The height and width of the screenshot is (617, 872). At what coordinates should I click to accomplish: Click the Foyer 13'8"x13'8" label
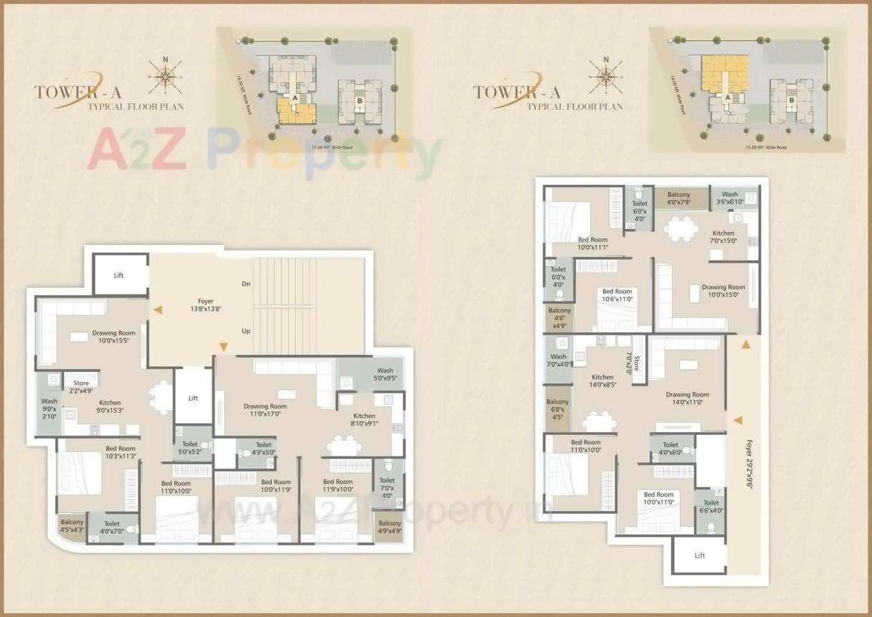pyautogui.click(x=206, y=306)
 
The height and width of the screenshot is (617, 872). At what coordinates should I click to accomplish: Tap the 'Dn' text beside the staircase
pyautogui.click(x=246, y=284)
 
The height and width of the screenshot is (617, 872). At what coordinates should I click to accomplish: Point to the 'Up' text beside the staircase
pyautogui.click(x=246, y=331)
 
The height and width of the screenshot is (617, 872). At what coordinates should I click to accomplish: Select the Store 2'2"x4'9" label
pyautogui.click(x=81, y=387)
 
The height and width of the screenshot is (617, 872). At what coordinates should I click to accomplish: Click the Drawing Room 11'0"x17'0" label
pyautogui.click(x=265, y=410)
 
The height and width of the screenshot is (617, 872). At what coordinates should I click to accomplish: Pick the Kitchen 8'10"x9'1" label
pyautogui.click(x=364, y=420)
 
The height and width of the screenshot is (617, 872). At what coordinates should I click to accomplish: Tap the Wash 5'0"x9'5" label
pyautogui.click(x=385, y=374)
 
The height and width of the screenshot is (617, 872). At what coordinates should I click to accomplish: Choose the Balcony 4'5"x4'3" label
pyautogui.click(x=72, y=526)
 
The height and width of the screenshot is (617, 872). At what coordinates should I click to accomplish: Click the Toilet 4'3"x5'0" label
pyautogui.click(x=264, y=448)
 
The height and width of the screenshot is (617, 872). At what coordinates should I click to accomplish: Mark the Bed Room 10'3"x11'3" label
pyautogui.click(x=110, y=452)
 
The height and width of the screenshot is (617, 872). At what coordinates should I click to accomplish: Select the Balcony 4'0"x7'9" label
pyautogui.click(x=678, y=199)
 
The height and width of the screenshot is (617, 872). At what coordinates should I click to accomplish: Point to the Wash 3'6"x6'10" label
pyautogui.click(x=730, y=198)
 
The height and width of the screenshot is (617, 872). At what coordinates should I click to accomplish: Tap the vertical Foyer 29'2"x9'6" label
pyautogui.click(x=748, y=463)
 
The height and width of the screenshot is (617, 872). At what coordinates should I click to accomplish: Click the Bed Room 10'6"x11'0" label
pyautogui.click(x=617, y=296)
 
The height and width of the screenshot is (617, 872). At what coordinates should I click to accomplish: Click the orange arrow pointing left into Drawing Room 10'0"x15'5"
pyautogui.click(x=157, y=310)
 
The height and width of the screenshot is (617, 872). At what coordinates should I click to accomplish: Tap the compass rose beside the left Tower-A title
pyautogui.click(x=165, y=75)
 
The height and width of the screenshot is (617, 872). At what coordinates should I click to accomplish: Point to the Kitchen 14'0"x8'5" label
pyautogui.click(x=603, y=381)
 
